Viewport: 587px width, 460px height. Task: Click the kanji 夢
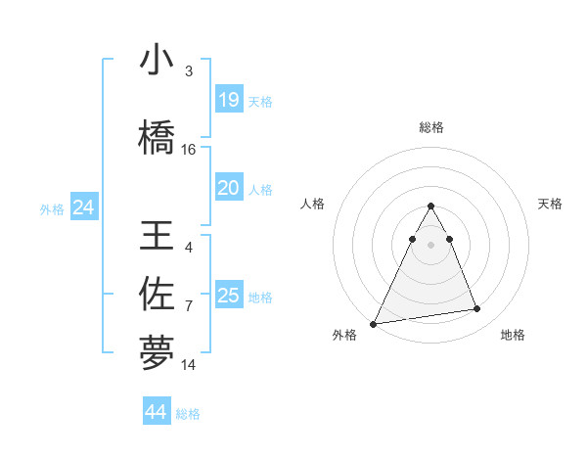click(157, 352)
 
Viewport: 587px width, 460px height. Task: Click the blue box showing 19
click(228, 99)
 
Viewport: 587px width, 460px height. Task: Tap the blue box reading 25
click(228, 295)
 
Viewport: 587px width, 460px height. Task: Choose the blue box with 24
click(84, 207)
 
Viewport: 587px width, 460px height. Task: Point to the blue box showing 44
click(157, 412)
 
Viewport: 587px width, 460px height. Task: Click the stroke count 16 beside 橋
click(189, 150)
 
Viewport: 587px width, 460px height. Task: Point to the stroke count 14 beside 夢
click(189, 364)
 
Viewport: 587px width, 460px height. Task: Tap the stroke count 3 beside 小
click(189, 71)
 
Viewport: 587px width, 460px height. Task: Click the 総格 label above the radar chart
click(431, 127)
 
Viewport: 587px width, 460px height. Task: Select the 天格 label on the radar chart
click(551, 204)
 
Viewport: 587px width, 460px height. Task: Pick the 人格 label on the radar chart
click(312, 204)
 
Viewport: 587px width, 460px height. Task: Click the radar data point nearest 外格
click(374, 323)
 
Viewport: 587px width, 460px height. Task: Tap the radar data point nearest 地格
click(477, 309)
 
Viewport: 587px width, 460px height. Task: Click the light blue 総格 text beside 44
click(188, 413)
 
